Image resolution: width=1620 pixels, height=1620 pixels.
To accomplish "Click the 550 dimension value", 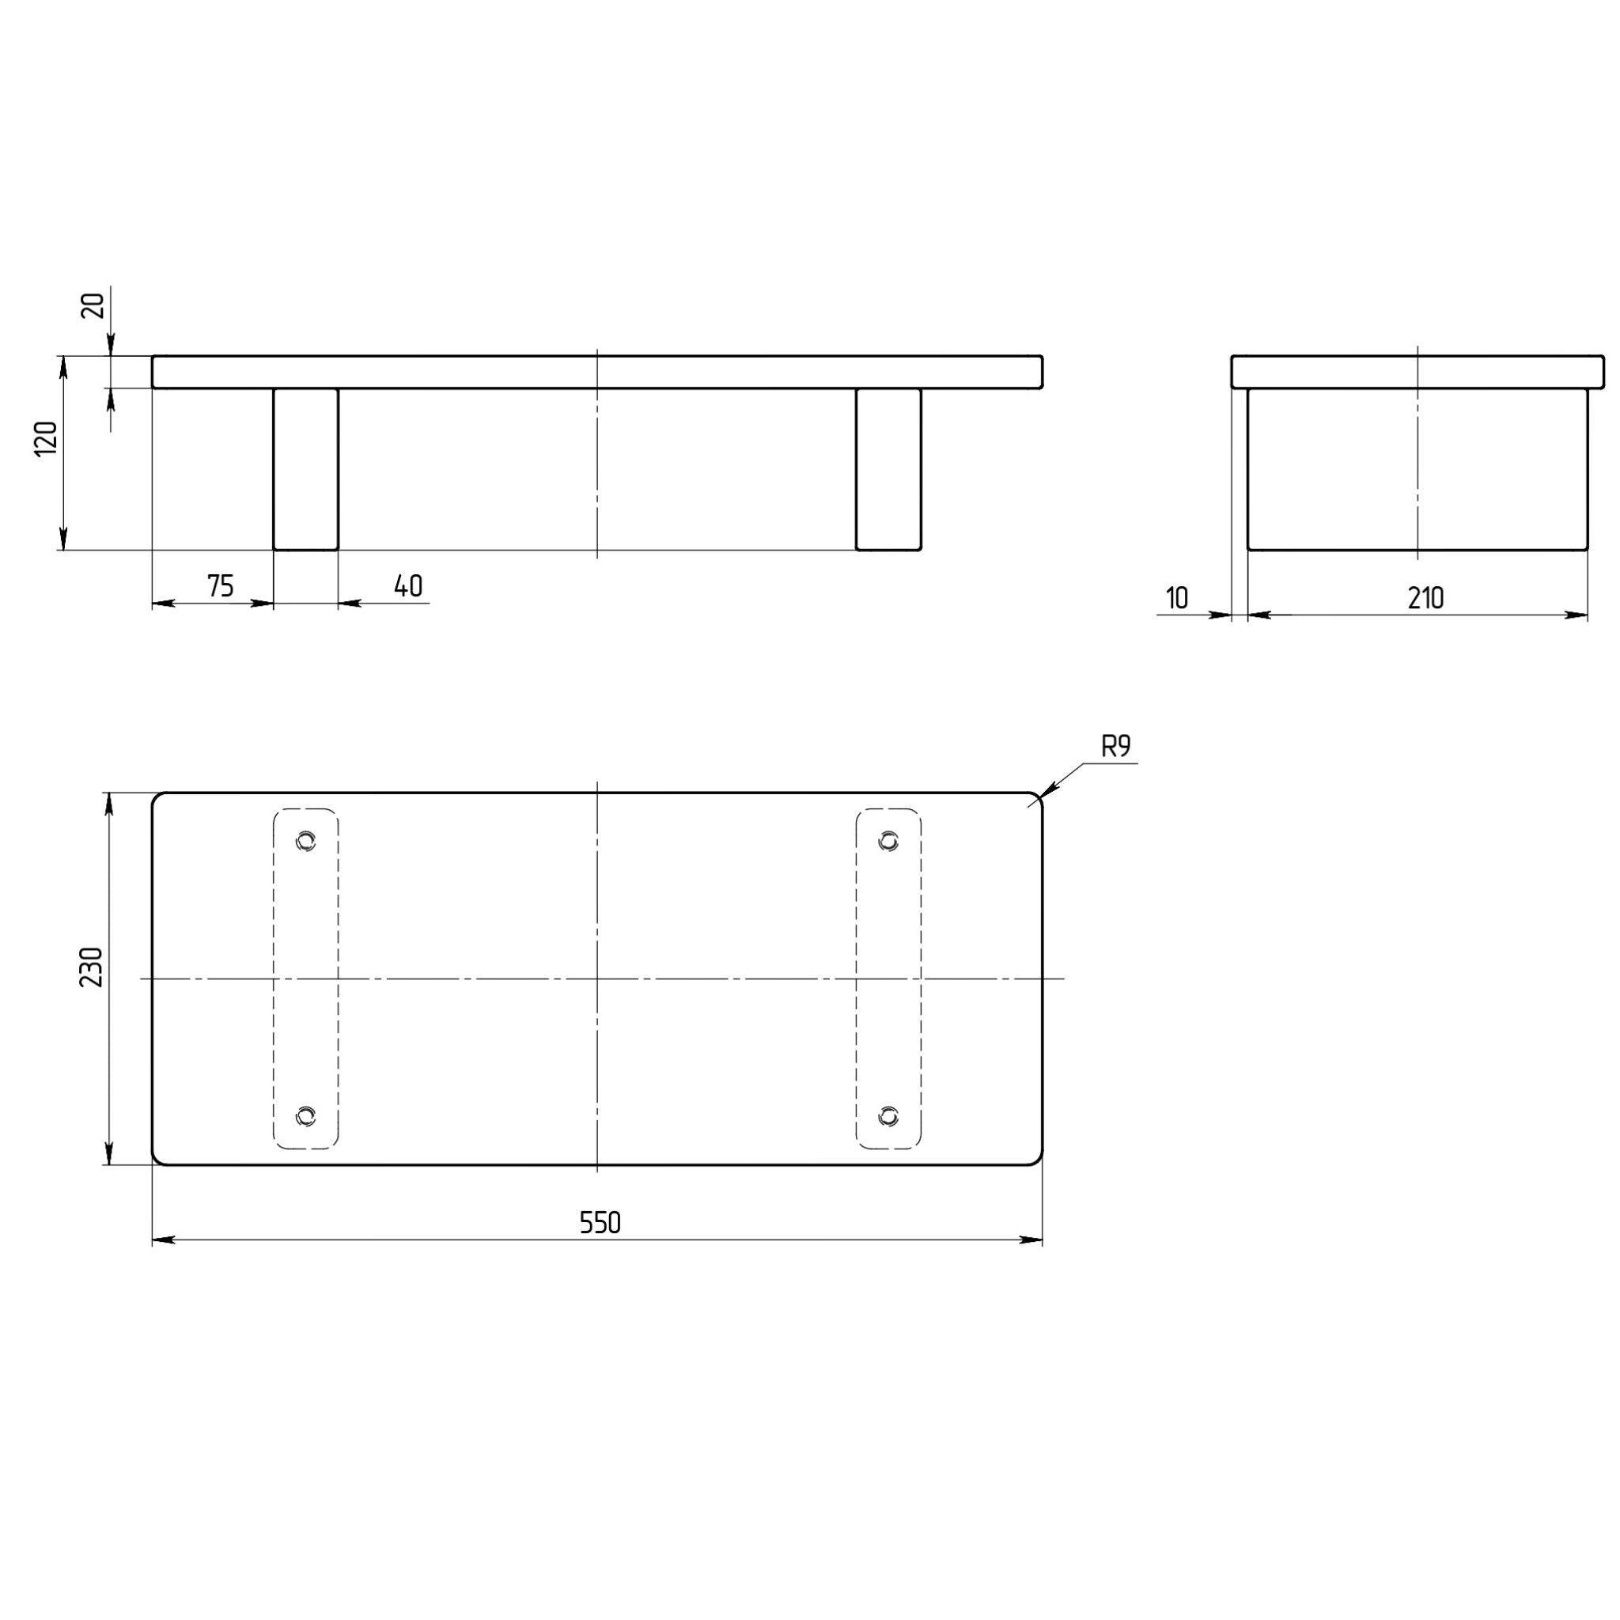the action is pos(600,1224).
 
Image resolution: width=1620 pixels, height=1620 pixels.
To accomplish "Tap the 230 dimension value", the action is pos(92,967).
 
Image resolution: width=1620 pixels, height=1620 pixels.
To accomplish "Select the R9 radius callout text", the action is pos(1116,747).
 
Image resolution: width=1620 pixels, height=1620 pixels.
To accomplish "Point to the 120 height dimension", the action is pos(46,438).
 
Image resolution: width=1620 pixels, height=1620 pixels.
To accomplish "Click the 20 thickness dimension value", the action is pos(94,305).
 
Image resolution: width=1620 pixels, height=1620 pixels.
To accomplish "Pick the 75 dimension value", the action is pos(220,586).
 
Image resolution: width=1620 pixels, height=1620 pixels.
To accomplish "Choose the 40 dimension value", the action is pos(408,586).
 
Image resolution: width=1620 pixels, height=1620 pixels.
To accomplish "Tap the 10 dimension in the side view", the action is pos(1177,598).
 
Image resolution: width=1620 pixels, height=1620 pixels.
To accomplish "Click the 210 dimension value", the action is pos(1425,598).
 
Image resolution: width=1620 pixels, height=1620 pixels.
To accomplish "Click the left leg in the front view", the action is pos(306,469).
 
